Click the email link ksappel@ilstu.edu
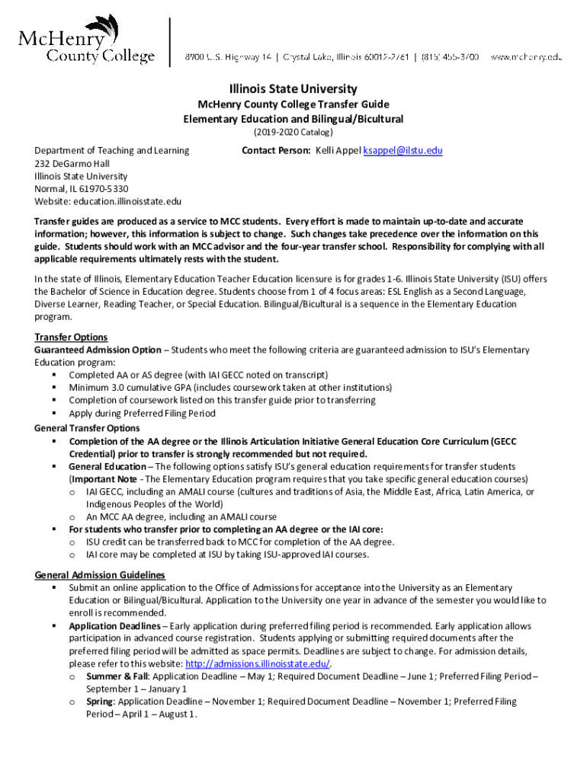[403, 151]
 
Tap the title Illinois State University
[293, 89]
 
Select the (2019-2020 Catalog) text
[293, 133]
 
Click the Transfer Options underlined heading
[71, 337]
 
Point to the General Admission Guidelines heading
[100, 575]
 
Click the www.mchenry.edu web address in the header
[525, 56]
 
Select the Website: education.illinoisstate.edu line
[107, 201]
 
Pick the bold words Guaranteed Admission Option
[98, 350]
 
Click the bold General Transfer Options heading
[87, 428]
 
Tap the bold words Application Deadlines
[115, 626]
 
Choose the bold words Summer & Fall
[117, 676]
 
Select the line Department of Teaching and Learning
[112, 151]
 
